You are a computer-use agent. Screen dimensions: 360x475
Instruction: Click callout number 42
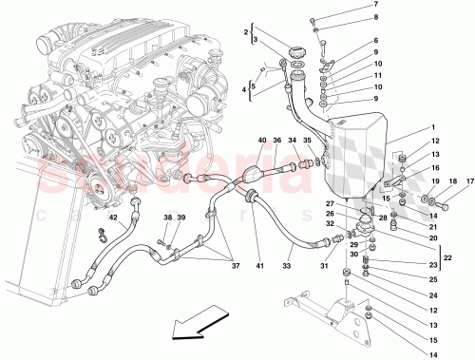pos(112,218)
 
